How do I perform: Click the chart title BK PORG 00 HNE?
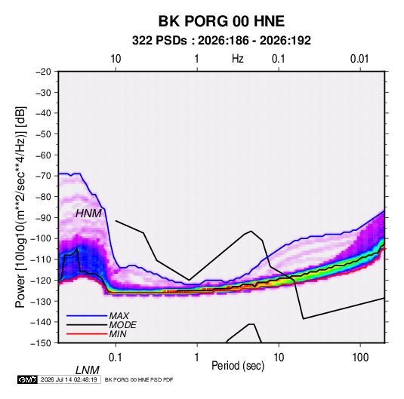click(221, 21)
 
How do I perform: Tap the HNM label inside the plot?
click(88, 213)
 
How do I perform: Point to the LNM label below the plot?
click(87, 370)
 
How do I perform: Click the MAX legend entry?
click(119, 315)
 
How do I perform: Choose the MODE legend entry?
click(122, 325)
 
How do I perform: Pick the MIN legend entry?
click(118, 334)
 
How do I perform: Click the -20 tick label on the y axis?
click(43, 72)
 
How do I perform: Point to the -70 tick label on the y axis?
click(43, 176)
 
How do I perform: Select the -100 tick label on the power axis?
click(42, 238)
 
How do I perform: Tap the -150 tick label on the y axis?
click(42, 343)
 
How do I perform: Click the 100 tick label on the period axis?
click(360, 358)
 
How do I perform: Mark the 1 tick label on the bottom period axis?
click(197, 358)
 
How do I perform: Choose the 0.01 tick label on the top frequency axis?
click(359, 59)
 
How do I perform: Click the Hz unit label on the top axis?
click(238, 59)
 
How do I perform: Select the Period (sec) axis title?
click(238, 366)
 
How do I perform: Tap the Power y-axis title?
click(20, 207)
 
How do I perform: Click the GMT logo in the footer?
click(28, 379)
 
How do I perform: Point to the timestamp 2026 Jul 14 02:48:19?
click(69, 379)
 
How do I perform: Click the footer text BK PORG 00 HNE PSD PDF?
click(139, 379)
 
